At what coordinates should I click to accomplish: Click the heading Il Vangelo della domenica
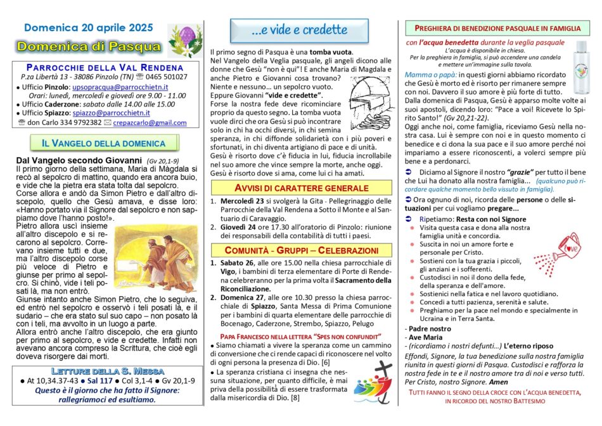[104, 143]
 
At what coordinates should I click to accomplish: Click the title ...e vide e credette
[299, 30]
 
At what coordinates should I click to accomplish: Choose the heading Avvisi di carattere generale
[302, 188]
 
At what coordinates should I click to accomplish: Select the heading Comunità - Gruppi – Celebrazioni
[302, 248]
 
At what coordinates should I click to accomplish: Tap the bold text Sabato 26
[238, 262]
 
